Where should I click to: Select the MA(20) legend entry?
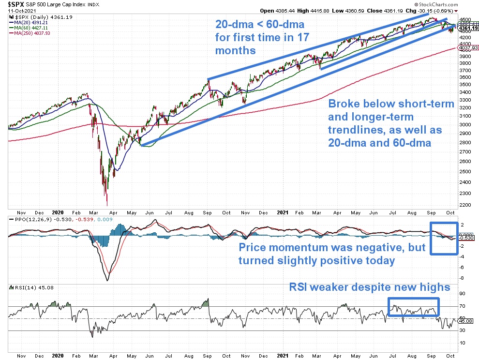pos(27,22)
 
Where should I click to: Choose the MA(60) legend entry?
pos(27,27)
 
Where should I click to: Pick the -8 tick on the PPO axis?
pos(463,278)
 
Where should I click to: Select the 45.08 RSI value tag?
pos(466,320)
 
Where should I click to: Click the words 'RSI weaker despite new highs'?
pos(370,287)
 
